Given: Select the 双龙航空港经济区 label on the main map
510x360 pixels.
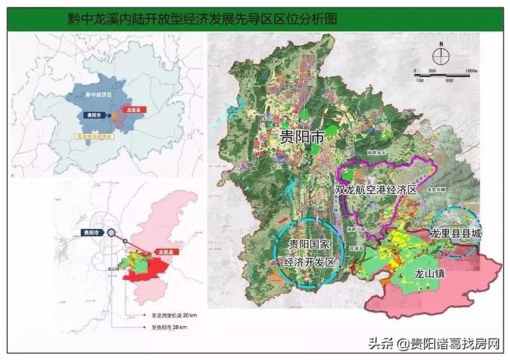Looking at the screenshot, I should point(375,190).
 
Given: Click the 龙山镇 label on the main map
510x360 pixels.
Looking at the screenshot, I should point(420,273).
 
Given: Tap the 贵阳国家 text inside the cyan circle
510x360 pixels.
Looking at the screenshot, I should point(309,246).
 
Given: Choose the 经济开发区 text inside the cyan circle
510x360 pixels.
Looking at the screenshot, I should point(309,261).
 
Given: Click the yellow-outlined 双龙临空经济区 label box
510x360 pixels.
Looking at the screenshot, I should point(94,136).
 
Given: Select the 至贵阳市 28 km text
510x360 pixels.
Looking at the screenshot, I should point(171,328).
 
